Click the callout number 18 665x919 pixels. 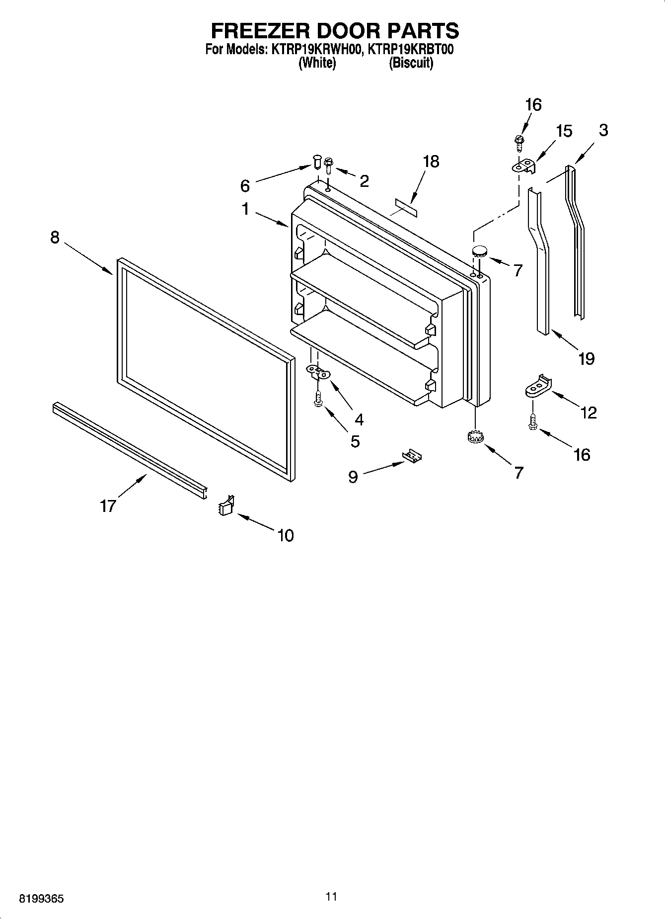click(x=431, y=162)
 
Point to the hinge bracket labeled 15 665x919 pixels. click(x=524, y=167)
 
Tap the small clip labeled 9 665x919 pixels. click(x=413, y=456)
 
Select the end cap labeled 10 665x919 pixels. click(x=226, y=505)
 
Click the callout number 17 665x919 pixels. click(x=108, y=505)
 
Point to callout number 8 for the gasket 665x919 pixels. click(x=55, y=238)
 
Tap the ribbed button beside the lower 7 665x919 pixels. click(x=476, y=437)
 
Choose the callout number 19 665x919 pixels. click(x=586, y=358)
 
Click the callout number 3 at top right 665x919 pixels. click(x=603, y=130)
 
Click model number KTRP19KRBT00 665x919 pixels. click(x=409, y=50)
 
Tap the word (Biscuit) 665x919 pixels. click(x=411, y=63)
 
